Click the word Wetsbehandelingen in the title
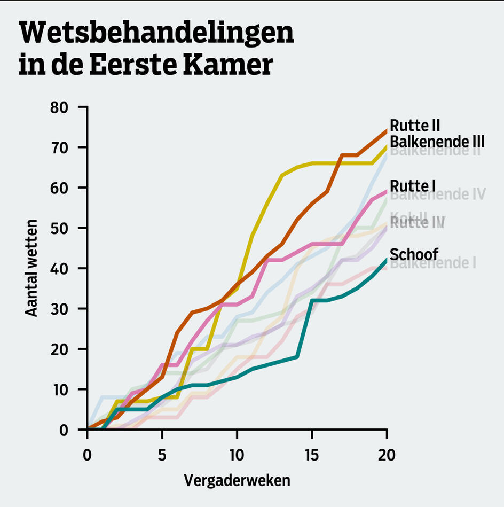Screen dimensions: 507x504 pyautogui.click(x=156, y=34)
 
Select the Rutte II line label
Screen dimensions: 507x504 pyautogui.click(x=415, y=126)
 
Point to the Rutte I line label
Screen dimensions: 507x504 pyautogui.click(x=413, y=186)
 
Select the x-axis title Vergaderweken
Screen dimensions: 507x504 pyautogui.click(x=237, y=480)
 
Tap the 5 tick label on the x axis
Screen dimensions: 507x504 pyautogui.click(x=162, y=455)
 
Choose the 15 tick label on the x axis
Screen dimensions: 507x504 pyautogui.click(x=312, y=455)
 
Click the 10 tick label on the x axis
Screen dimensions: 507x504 pyautogui.click(x=237, y=455)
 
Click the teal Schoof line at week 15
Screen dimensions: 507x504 pyautogui.click(x=312, y=301)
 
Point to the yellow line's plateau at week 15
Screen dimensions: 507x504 pyautogui.click(x=312, y=163)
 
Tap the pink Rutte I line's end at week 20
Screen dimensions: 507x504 pyautogui.click(x=386, y=191)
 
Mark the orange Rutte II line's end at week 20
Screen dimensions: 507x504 pyautogui.click(x=386, y=130)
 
